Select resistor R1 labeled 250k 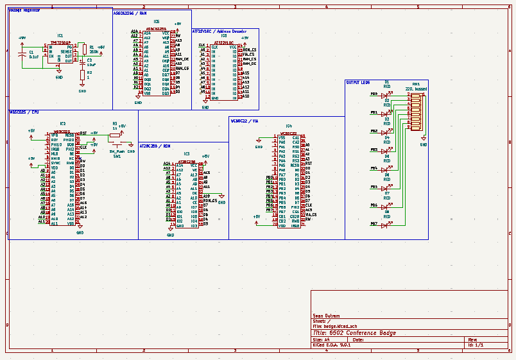coord(84,49)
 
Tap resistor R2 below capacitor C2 coord(82,75)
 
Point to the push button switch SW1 coord(117,146)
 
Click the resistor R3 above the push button coord(116,135)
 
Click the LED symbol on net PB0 coord(387,95)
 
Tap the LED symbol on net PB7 coord(387,224)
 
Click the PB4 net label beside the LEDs coord(374,168)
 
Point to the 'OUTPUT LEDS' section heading coord(357,82)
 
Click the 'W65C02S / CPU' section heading coord(24,112)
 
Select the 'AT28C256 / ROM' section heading coord(155,146)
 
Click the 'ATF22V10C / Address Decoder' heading coord(219,31)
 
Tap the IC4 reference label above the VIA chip coord(289,126)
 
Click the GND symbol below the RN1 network coord(424,142)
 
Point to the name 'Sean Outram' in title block coord(326,316)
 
